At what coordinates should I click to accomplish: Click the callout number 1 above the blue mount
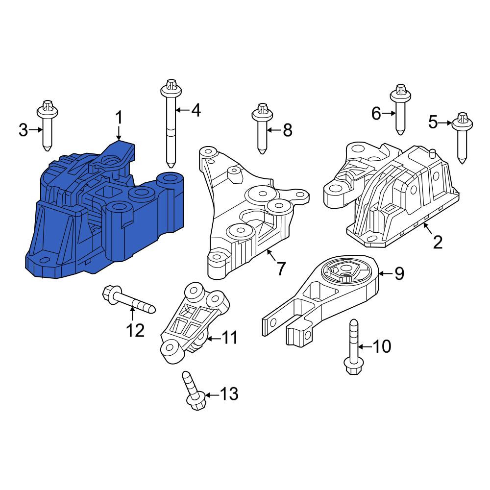[119, 118]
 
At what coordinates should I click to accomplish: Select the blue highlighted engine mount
[103, 213]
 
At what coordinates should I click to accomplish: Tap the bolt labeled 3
[47, 125]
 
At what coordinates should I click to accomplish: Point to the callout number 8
[288, 130]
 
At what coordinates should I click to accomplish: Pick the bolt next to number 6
[400, 109]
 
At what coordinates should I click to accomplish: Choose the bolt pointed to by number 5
[463, 138]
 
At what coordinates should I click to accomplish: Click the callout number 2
[438, 242]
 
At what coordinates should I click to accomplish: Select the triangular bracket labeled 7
[253, 213]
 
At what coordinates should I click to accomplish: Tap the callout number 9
[399, 273]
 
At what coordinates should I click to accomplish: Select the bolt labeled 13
[194, 391]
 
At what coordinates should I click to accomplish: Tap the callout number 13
[229, 394]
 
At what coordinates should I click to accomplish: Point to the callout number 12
[135, 330]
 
